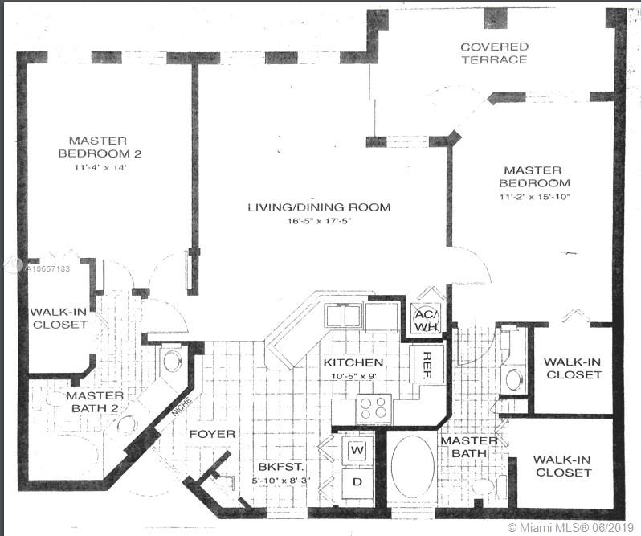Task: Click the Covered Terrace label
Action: point(493,53)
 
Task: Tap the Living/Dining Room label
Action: point(318,207)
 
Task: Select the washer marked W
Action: point(357,451)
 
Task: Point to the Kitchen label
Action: point(353,363)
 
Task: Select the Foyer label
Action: point(212,434)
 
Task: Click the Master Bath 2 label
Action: point(95,403)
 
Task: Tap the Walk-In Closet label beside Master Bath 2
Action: point(59,318)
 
